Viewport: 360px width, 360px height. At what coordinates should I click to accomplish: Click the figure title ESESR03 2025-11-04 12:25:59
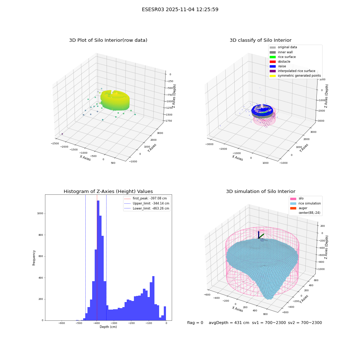pos(180,9)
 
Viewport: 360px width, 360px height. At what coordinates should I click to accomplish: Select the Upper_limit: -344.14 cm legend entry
pos(147,203)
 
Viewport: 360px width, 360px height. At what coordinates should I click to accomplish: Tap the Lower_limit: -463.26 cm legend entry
pos(147,208)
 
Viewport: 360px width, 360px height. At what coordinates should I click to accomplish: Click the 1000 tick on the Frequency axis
pos(40,213)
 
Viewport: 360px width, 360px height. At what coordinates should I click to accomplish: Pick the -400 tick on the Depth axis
pos(96,323)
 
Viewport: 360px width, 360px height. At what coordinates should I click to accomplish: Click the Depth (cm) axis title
pos(108,327)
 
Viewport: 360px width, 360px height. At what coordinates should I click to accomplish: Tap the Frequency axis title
pos(34,258)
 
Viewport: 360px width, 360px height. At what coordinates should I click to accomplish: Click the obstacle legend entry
pos(280,62)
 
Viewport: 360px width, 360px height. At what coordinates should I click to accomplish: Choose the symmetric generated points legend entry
pos(295,76)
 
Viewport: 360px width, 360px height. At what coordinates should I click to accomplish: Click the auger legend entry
pos(299,208)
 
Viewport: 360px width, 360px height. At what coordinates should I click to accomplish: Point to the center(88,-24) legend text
pos(309,213)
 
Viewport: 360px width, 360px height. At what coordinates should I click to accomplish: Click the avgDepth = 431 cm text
pos(229,323)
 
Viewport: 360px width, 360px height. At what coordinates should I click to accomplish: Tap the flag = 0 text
pos(195,323)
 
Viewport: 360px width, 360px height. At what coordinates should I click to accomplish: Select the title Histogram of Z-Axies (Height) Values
pos(108,191)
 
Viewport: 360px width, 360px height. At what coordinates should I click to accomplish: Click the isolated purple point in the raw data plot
pos(62,134)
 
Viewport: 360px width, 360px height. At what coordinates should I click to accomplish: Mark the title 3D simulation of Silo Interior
pos(261,191)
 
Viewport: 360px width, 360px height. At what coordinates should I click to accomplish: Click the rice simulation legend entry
pos(305,203)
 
